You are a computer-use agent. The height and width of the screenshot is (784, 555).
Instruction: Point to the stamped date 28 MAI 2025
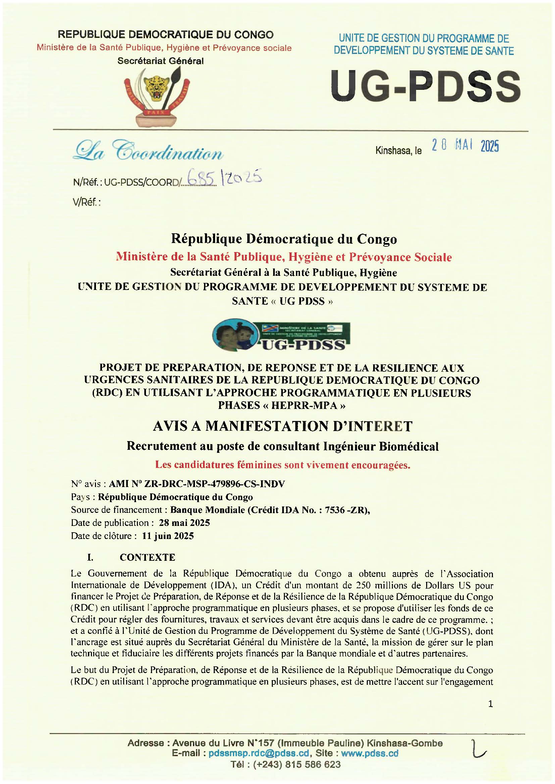[x=465, y=146]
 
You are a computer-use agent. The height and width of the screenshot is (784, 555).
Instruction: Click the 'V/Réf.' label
[x=87, y=202]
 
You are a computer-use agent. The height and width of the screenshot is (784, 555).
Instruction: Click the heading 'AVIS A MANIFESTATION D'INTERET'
[x=283, y=426]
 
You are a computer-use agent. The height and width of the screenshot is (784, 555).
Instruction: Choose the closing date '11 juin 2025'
[x=168, y=536]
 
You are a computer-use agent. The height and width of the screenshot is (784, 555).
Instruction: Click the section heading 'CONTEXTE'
[x=147, y=558]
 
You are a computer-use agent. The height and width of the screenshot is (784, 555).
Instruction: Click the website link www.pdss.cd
[x=370, y=753]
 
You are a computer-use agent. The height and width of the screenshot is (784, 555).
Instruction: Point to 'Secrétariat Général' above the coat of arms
[x=160, y=61]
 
